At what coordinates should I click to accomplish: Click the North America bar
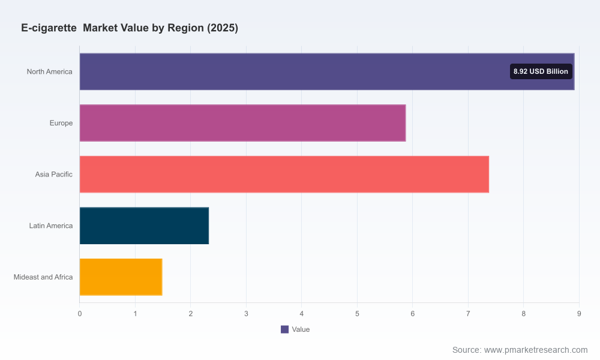pos(327,71)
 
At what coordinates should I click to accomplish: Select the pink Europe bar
pos(242,123)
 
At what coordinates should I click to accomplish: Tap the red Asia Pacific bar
pos(284,174)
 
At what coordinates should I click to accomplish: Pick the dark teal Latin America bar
pos(144,226)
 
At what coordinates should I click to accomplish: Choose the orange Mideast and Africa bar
pos(121,277)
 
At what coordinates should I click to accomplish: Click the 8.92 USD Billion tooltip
pos(541,71)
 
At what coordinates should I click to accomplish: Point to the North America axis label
pos(49,71)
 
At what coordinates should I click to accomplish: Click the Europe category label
pos(61,123)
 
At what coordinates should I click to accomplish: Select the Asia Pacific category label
pos(53,175)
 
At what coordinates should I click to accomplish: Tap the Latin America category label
pos(51,226)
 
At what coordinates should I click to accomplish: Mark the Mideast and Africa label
pos(43,277)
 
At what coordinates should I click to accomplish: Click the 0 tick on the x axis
pos(80,314)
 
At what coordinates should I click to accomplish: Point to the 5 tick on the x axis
pos(357,314)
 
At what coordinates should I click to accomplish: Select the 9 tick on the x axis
pos(579,314)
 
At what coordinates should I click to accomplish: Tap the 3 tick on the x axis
pos(246,314)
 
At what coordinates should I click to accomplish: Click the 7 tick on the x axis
pos(468,314)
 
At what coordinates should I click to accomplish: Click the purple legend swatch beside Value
pos(284,329)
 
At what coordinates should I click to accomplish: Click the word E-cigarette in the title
pos(49,28)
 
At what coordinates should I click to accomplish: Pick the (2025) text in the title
pos(223,28)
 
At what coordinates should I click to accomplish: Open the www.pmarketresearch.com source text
pos(536,350)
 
